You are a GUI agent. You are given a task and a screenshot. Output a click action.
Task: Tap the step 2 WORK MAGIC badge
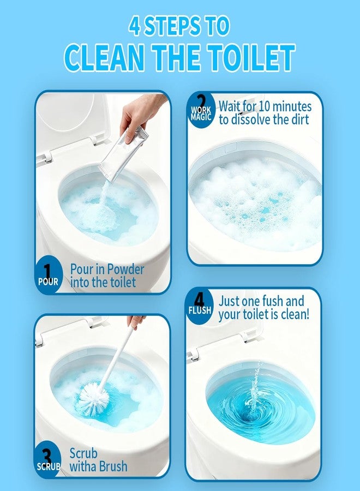point(201,110)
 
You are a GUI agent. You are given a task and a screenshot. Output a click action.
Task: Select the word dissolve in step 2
point(257,119)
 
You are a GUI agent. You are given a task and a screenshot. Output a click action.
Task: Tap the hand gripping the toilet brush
point(135,320)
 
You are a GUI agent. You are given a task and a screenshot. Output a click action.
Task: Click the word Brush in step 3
point(113,466)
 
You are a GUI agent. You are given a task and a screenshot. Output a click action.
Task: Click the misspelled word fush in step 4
point(275,301)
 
